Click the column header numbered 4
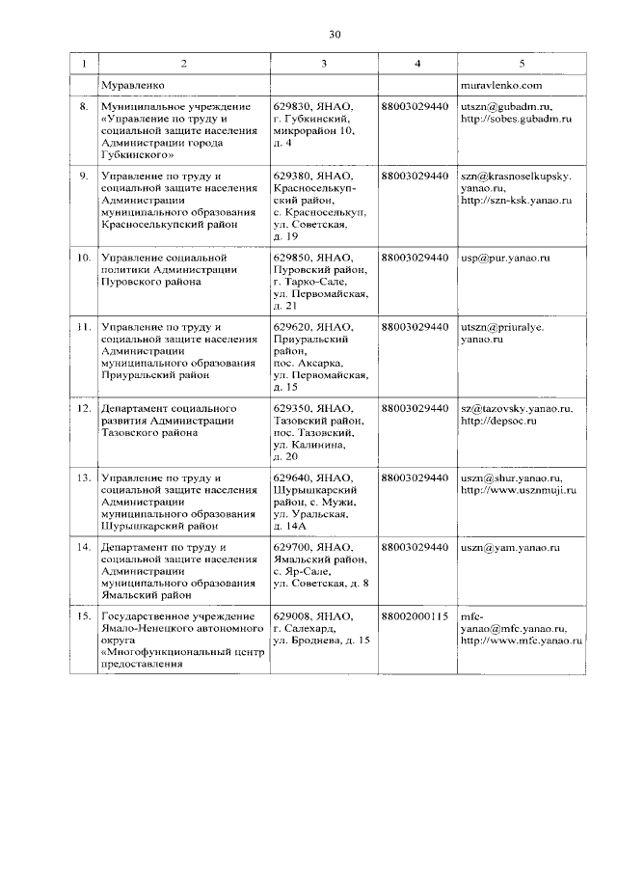(416, 64)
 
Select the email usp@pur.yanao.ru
(504, 259)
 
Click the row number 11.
(84, 328)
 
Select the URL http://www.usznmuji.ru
(518, 490)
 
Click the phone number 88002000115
(416, 617)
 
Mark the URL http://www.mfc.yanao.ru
(517, 641)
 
